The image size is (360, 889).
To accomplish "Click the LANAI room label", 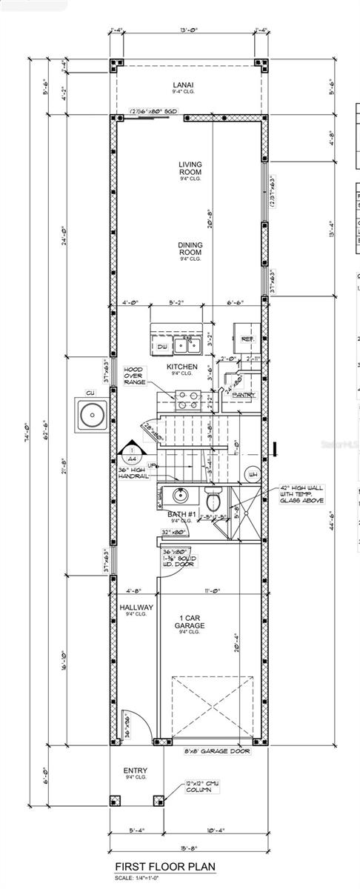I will click(x=190, y=86).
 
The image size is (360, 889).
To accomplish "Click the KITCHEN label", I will click(x=181, y=367).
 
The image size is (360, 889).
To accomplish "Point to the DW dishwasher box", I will click(x=161, y=346).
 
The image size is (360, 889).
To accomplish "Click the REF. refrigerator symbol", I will click(x=247, y=339).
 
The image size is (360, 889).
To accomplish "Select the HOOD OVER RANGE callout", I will click(x=133, y=376).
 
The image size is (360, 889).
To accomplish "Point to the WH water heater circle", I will click(x=252, y=475).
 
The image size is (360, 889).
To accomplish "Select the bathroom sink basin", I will click(x=179, y=496).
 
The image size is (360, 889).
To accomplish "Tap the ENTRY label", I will click(x=135, y=772).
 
